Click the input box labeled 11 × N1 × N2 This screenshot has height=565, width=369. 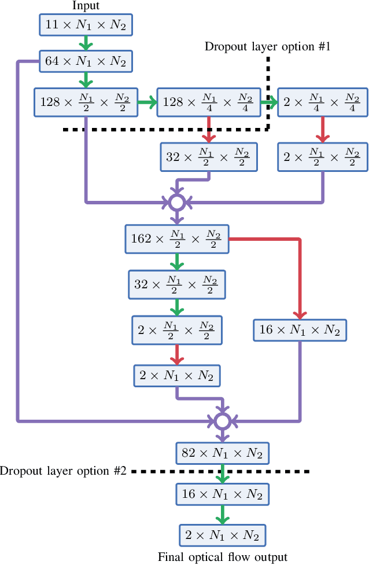point(86,24)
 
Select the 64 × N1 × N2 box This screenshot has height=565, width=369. point(86,61)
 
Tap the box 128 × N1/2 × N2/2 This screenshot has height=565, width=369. point(86,102)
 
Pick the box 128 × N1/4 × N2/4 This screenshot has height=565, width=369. point(208,102)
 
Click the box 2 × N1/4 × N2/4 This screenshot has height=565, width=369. point(322,102)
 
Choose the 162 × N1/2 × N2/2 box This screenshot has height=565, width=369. point(176,239)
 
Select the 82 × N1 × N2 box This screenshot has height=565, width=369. point(222,453)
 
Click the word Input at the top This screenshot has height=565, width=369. point(86,6)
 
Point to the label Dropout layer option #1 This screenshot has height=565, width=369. point(267,47)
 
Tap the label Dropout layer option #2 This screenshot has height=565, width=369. point(63,471)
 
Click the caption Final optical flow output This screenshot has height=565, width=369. point(222,557)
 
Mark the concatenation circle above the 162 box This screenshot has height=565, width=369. point(176,202)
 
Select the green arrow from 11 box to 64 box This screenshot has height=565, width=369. point(86,42)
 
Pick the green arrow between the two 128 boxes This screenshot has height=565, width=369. point(147,103)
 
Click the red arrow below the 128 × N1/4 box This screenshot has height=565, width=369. point(208,130)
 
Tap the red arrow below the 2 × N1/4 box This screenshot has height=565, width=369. point(322,130)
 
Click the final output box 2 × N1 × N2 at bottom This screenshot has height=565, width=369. point(222,535)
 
